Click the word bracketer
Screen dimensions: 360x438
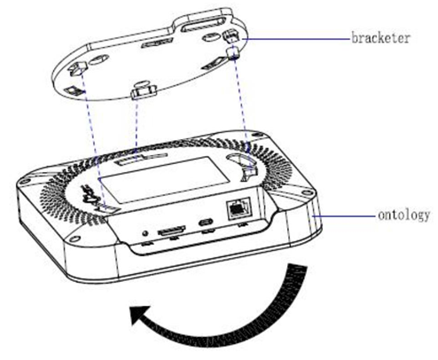(x=383, y=39)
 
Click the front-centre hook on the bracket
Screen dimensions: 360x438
(x=142, y=90)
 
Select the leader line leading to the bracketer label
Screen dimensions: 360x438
(x=293, y=38)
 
